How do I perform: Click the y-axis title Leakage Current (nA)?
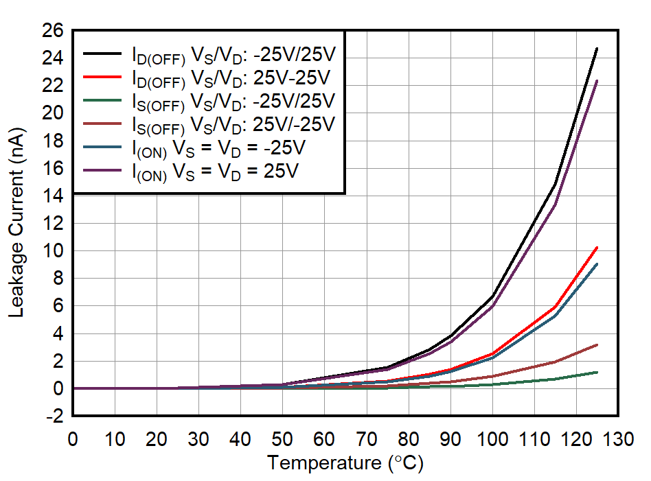(17, 223)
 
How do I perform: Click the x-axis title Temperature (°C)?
(345, 463)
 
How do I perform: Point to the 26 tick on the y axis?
(53, 31)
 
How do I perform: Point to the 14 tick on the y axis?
(53, 196)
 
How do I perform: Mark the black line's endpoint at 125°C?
(597, 49)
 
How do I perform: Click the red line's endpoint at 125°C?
(597, 247)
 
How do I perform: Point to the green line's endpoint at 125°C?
(597, 372)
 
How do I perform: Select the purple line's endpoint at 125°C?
(597, 81)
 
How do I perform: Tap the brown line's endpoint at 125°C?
(597, 344)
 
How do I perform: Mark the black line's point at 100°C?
(492, 296)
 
